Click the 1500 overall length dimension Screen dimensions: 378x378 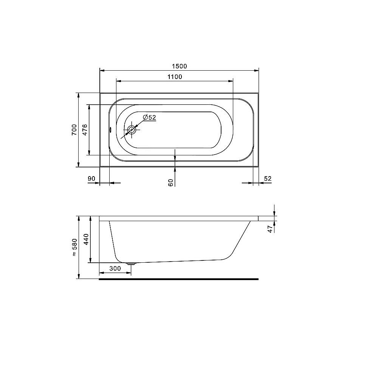(x=179, y=66)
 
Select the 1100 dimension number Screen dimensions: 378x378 (x=175, y=77)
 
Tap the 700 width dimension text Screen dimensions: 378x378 (x=74, y=130)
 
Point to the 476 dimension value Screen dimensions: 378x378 (x=85, y=130)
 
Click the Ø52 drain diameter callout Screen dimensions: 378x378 (x=149, y=118)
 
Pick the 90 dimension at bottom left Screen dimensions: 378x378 (x=91, y=179)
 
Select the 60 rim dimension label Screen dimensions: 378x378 (x=171, y=183)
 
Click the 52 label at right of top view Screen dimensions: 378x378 (x=268, y=179)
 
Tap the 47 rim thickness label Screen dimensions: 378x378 (x=270, y=229)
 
